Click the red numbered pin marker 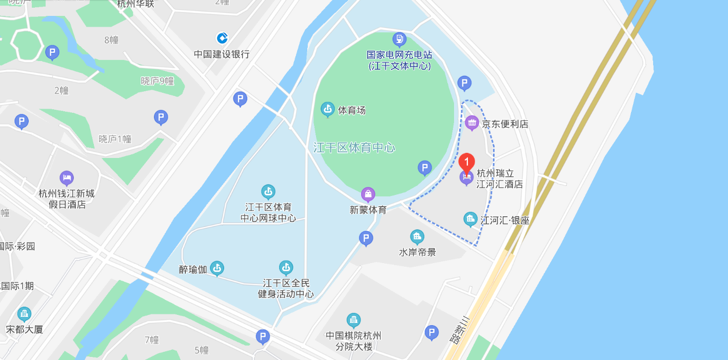466,163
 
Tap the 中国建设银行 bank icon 222,38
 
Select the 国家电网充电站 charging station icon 399,38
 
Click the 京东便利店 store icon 471,123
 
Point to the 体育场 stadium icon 327,109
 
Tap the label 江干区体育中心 354,148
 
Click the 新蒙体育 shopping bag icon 368,194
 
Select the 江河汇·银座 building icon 470,219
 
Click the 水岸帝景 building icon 417,236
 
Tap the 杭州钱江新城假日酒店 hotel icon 66,178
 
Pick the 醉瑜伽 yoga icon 217,268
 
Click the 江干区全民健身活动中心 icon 286,267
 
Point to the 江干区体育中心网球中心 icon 268,192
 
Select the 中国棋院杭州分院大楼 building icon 353,320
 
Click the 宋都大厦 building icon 24,314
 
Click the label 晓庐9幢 157,81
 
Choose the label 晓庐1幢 115,139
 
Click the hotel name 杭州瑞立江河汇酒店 500,178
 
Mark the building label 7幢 152,339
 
